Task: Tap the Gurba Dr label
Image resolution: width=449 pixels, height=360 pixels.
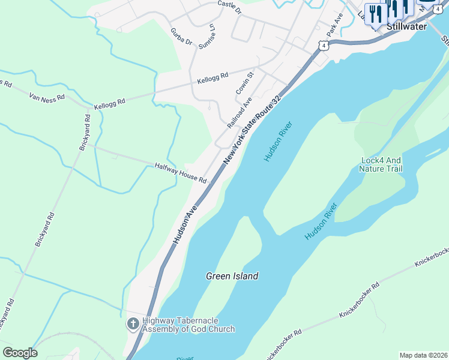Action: click(181, 37)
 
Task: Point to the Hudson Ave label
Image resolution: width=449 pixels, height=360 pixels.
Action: click(185, 225)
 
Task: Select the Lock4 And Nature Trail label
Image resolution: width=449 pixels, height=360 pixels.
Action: click(381, 164)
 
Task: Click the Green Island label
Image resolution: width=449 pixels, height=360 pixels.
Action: click(232, 277)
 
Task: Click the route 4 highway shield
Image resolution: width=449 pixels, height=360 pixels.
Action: click(324, 46)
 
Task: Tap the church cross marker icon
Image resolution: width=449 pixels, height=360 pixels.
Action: click(133, 325)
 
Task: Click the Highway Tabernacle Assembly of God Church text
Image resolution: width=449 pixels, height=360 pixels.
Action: click(188, 325)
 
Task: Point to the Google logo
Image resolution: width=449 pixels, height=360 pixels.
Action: click(20, 353)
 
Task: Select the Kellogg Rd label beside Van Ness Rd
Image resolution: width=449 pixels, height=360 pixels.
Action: click(109, 104)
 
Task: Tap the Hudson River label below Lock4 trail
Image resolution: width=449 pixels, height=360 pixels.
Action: click(321, 221)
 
